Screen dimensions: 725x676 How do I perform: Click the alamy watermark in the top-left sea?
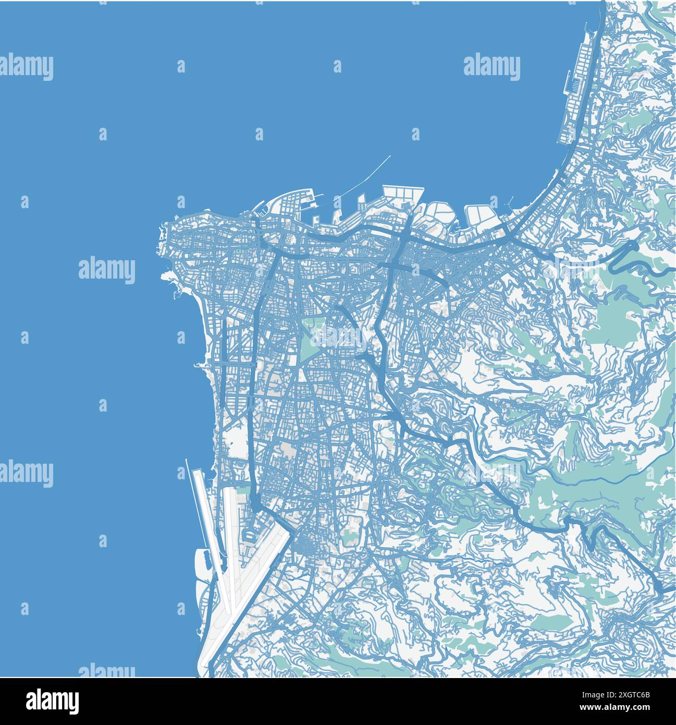(27, 67)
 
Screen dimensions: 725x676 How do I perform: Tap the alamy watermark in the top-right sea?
(491, 67)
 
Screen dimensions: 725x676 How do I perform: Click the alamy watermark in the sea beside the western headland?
(107, 270)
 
